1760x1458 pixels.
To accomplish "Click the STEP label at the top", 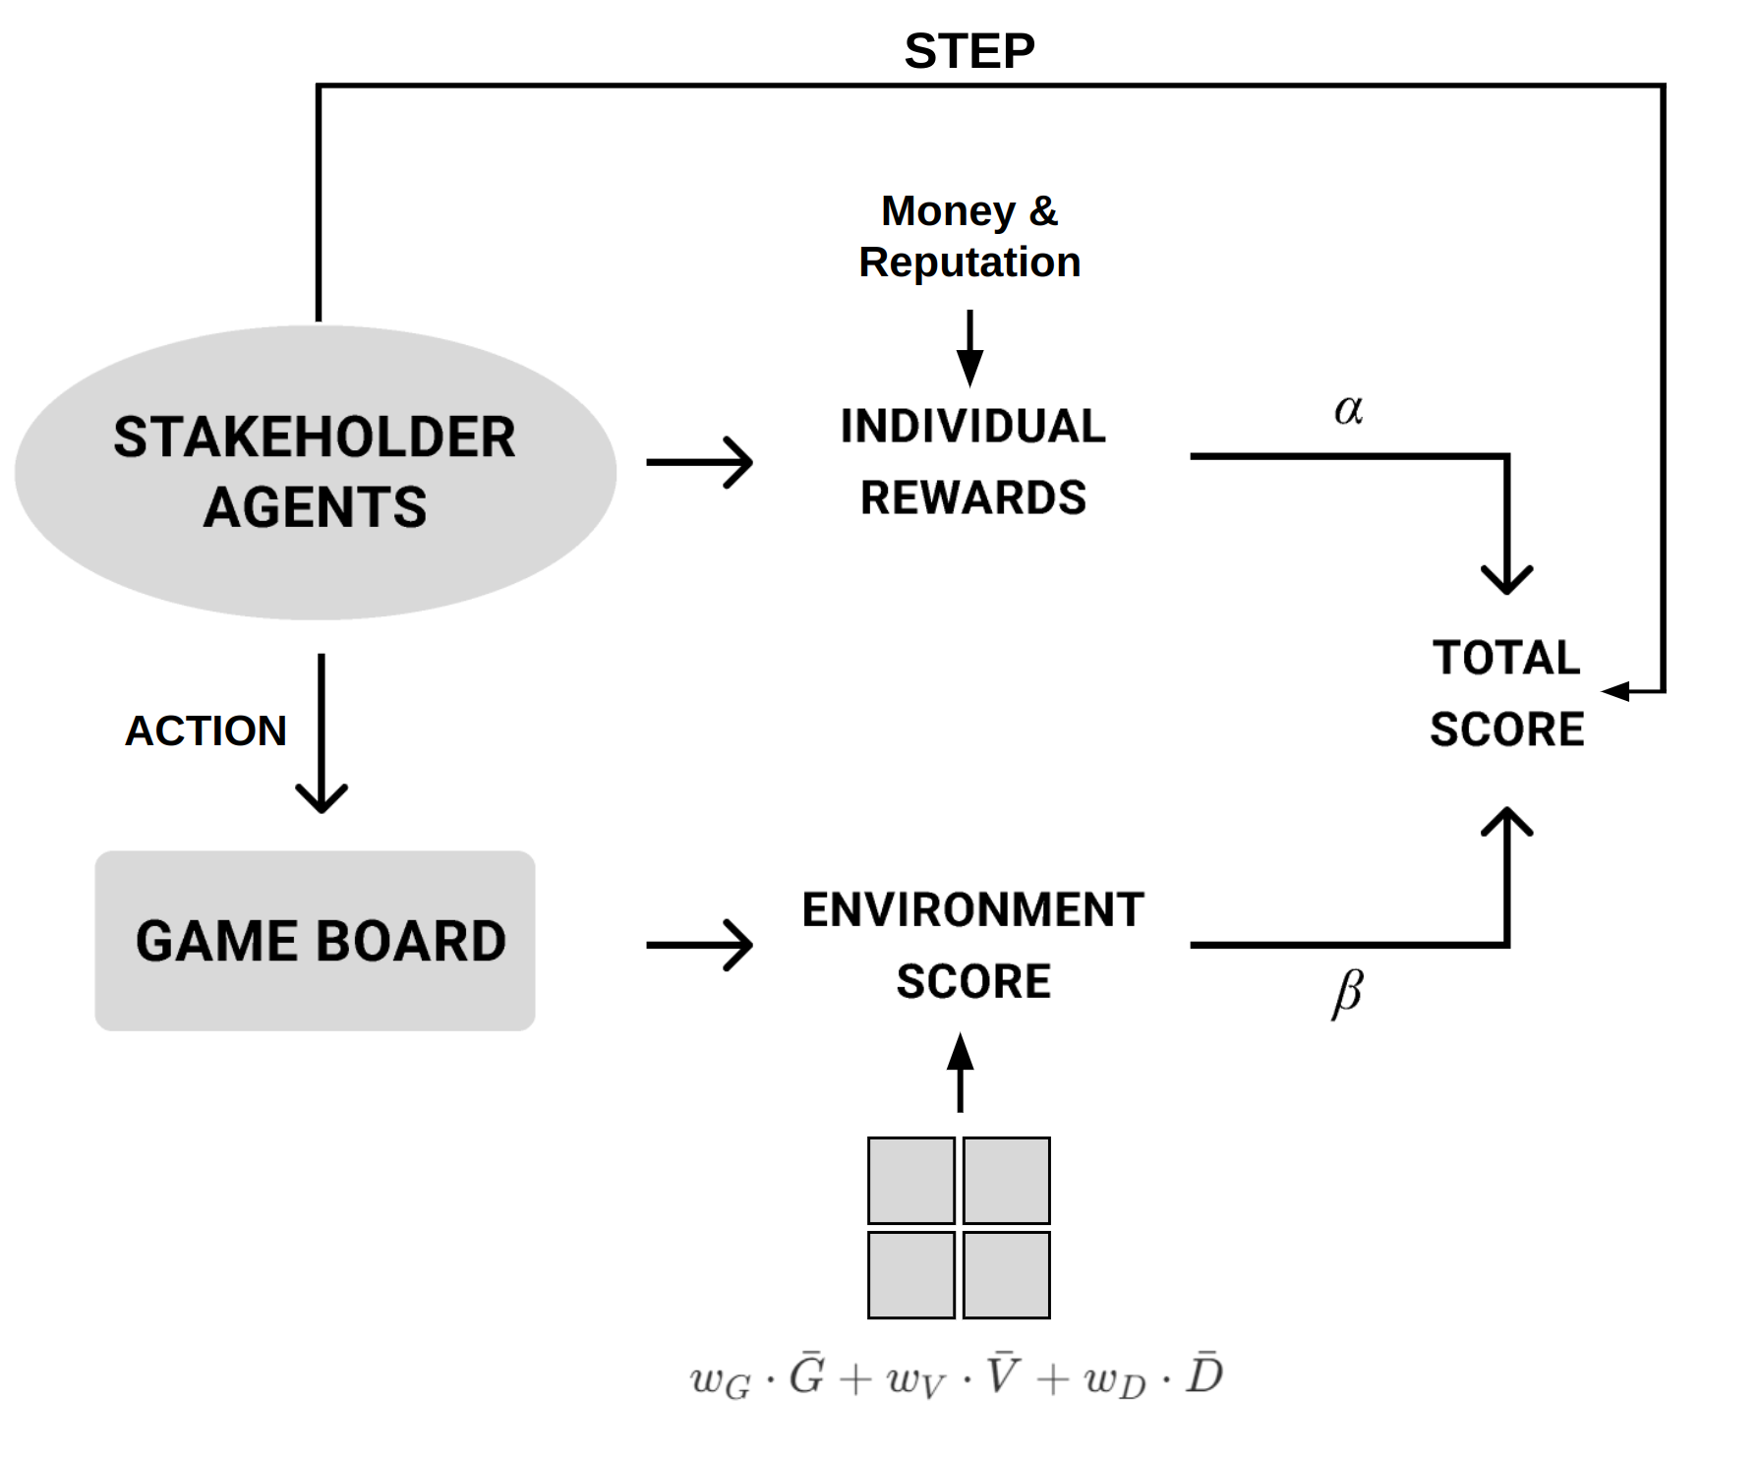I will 968,51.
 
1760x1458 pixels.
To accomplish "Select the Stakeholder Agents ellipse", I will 315,472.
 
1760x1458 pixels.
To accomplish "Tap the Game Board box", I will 315,941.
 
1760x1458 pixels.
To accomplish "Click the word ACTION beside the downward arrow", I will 205,730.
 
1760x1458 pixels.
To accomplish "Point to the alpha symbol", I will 1348,409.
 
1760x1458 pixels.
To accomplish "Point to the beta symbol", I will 1347,993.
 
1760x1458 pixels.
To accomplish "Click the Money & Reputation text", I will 969,236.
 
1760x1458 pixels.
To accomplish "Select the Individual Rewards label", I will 972,462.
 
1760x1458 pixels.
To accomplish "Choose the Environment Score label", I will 972,945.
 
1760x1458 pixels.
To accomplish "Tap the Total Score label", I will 1506,693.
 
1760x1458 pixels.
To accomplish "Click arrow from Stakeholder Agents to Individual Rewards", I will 699,462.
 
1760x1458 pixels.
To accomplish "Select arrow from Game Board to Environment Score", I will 699,945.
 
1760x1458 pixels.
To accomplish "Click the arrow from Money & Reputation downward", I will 969,348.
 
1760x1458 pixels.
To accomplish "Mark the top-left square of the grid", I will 911,1180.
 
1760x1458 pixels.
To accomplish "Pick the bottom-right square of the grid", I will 1007,1275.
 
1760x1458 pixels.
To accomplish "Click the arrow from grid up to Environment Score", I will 961,1074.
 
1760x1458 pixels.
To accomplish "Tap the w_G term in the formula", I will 720,1380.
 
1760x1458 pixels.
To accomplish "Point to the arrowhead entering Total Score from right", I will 1615,691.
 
